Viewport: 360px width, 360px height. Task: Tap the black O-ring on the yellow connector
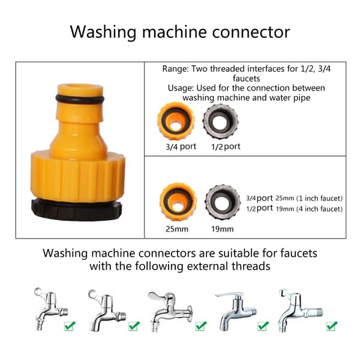click(x=80, y=99)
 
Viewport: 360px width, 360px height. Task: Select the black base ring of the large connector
click(x=76, y=210)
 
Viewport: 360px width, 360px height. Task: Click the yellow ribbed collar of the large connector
click(x=78, y=176)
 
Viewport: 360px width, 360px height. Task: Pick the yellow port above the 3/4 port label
click(x=176, y=121)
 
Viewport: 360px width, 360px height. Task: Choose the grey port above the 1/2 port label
click(x=220, y=121)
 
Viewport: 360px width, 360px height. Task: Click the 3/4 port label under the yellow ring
click(x=181, y=146)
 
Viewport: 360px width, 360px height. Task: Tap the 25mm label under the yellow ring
click(x=177, y=229)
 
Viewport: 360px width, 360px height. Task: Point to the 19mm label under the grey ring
click(x=223, y=229)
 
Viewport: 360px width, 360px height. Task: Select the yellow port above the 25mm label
click(x=178, y=202)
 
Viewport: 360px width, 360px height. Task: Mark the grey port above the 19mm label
click(x=223, y=202)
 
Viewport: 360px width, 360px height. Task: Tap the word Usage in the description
click(x=181, y=88)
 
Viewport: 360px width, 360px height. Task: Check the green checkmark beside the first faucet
click(x=70, y=326)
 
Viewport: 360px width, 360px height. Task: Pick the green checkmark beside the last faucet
click(x=332, y=326)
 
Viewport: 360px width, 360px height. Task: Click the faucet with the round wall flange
click(x=170, y=311)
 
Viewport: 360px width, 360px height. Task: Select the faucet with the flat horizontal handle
click(x=236, y=311)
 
